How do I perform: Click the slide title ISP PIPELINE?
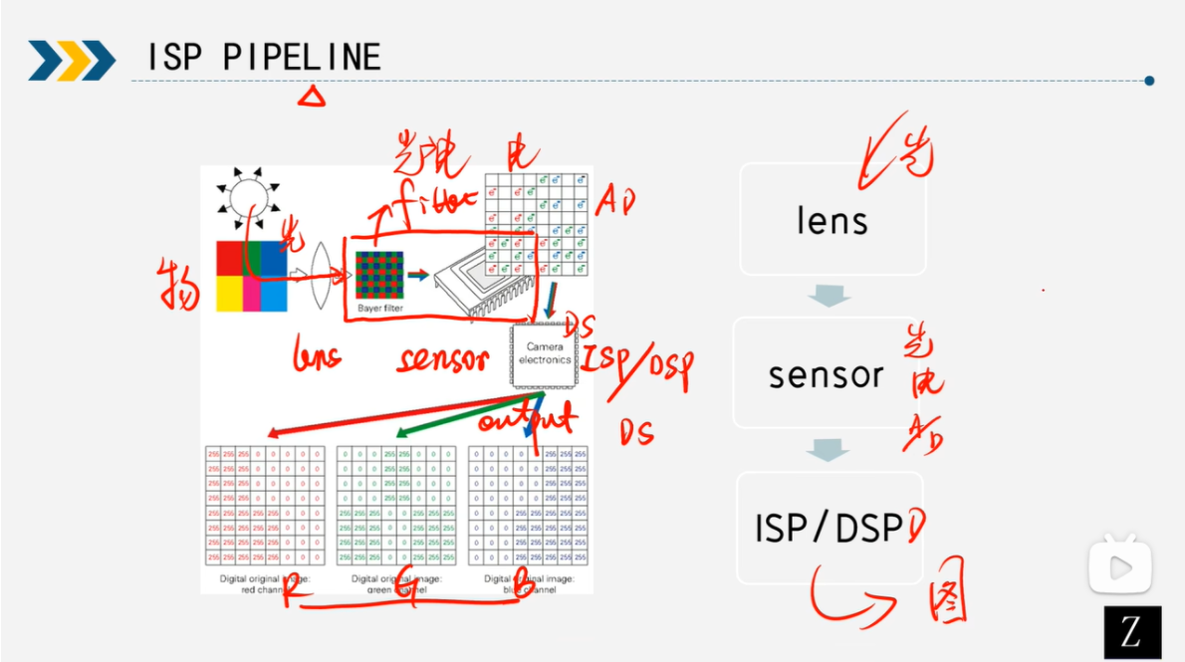[x=263, y=58]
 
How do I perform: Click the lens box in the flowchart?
[x=832, y=220]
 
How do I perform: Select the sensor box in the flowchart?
[x=826, y=374]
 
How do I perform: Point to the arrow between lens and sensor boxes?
[x=829, y=296]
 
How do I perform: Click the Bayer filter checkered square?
[x=380, y=275]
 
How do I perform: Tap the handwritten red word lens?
[x=318, y=354]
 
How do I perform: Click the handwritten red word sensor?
[x=442, y=359]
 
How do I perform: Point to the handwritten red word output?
[x=526, y=418]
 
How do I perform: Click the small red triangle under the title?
[x=313, y=96]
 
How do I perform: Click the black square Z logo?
[x=1132, y=632]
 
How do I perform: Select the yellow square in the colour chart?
[x=229, y=295]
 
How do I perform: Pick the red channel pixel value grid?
[x=264, y=506]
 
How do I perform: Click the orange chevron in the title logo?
[x=72, y=60]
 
